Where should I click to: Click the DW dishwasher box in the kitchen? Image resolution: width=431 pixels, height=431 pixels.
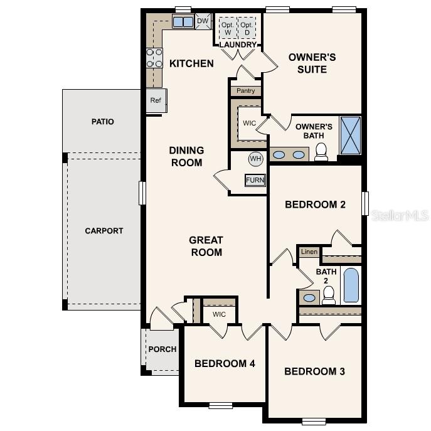tap(202, 21)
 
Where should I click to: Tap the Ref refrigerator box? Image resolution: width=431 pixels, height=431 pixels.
tap(155, 100)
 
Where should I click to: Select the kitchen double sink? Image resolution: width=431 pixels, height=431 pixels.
tap(183, 22)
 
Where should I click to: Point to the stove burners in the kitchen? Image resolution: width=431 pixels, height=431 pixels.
tap(154, 58)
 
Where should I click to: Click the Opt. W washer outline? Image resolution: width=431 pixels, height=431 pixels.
tap(226, 28)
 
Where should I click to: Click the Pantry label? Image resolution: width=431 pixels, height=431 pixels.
tap(245, 91)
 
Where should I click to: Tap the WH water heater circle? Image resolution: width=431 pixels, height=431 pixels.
tap(255, 159)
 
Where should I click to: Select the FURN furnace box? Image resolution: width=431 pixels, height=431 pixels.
tap(255, 180)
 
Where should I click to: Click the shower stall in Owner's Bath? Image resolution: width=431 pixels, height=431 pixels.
tap(350, 135)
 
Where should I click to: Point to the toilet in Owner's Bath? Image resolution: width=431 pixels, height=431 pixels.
tap(321, 152)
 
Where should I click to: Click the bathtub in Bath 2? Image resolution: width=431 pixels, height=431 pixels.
tap(351, 285)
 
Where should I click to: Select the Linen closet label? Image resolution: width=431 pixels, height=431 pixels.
tap(309, 252)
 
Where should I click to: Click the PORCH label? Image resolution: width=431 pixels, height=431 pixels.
tap(162, 349)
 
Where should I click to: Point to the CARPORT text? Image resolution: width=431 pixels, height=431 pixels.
tap(104, 231)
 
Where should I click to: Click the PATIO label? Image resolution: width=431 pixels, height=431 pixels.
tap(103, 122)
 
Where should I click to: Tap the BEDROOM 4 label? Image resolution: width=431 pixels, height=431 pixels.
tap(225, 363)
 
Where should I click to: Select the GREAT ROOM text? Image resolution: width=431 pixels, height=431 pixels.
tap(206, 246)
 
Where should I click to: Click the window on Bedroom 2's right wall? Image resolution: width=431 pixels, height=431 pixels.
tap(365, 204)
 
